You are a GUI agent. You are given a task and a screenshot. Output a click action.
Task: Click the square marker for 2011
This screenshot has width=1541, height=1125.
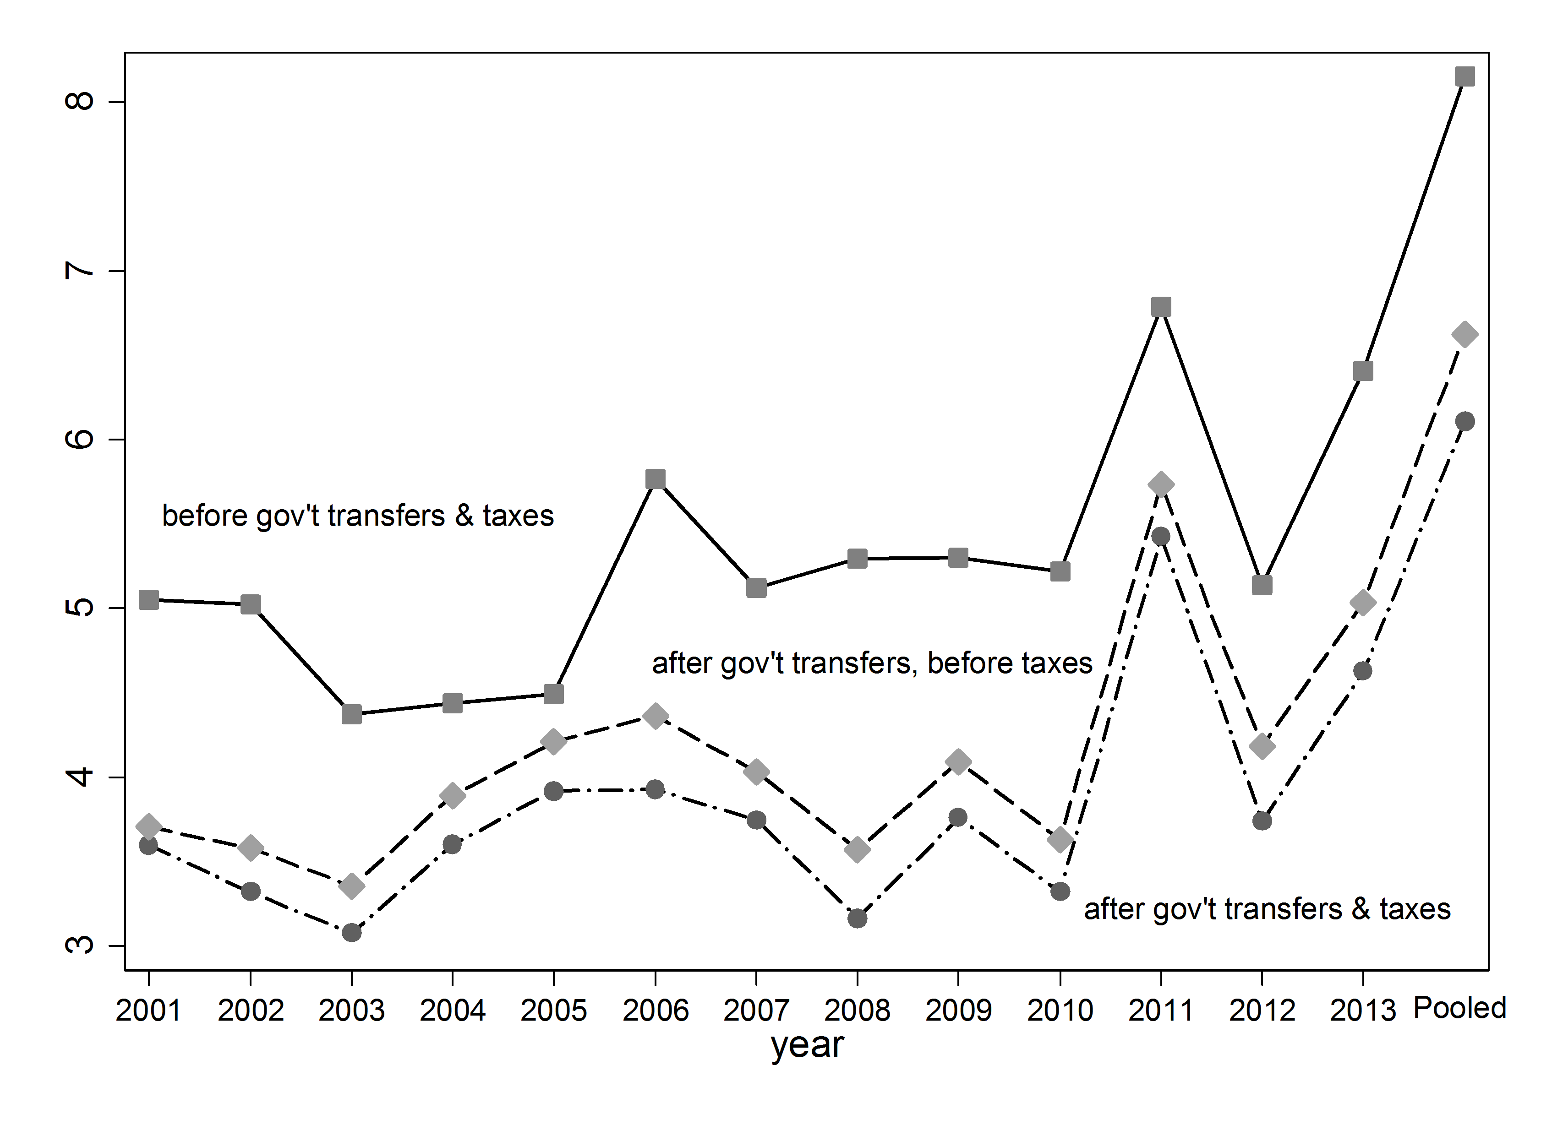pos(1161,307)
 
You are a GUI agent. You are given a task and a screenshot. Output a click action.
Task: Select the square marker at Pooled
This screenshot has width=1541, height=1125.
pos(1464,76)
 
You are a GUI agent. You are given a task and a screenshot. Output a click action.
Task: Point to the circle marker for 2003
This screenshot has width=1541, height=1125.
pos(351,932)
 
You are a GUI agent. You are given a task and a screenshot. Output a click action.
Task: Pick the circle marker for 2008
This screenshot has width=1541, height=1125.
pos(857,918)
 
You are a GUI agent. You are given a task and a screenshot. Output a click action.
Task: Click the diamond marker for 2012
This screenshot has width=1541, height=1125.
pos(1262,746)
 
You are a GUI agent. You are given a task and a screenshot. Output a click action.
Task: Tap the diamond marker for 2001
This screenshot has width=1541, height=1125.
pos(148,827)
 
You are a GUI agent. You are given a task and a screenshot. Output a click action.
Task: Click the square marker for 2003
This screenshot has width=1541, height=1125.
pos(351,714)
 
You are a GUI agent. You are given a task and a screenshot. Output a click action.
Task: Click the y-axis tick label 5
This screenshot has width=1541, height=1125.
pos(80,608)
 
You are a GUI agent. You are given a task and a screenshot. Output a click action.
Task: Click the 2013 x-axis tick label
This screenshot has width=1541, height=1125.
pos(1362,1011)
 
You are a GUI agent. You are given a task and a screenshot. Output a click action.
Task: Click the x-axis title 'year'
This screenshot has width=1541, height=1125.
pos(807,1046)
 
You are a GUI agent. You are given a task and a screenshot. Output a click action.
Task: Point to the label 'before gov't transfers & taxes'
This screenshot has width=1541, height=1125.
pos(358,516)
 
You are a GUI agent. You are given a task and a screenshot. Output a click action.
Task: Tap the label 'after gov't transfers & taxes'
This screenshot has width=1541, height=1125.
pos(1267,909)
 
